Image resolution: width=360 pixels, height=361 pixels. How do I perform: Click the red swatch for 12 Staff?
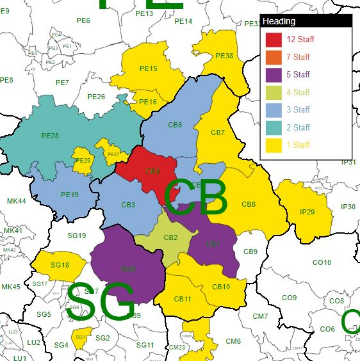pyautogui.click(x=274, y=40)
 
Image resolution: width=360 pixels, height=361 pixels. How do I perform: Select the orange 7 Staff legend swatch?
pyautogui.click(x=274, y=57)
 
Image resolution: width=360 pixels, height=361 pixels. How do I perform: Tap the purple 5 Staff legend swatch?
pyautogui.click(x=274, y=75)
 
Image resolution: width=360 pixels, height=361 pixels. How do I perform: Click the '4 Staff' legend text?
pyautogui.click(x=298, y=92)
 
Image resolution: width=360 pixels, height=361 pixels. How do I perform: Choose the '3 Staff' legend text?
pyautogui.click(x=298, y=109)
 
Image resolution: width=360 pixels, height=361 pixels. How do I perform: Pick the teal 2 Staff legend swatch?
pyautogui.click(x=274, y=127)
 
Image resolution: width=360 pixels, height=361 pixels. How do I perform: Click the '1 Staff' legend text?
pyautogui.click(x=298, y=145)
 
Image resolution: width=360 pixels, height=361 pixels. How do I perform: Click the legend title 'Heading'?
pyautogui.click(x=279, y=21)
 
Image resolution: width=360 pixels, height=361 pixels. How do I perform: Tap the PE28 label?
pyautogui.click(x=50, y=136)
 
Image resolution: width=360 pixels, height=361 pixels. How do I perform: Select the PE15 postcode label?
pyautogui.click(x=148, y=68)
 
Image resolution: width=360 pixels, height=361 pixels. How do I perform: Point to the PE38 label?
pyautogui.click(x=224, y=56)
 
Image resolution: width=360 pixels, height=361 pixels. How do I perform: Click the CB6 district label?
pyautogui.click(x=175, y=125)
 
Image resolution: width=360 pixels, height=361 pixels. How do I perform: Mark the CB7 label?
pyautogui.click(x=218, y=132)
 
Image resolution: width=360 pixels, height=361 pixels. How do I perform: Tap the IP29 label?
pyautogui.click(x=307, y=212)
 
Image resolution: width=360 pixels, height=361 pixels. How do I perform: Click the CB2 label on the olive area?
pyautogui.click(x=170, y=237)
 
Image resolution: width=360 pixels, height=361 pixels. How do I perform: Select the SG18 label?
pyautogui.click(x=60, y=265)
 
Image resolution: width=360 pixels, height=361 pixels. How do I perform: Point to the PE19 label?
pyautogui.click(x=70, y=195)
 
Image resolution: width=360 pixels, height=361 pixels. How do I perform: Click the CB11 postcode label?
pyautogui.click(x=183, y=299)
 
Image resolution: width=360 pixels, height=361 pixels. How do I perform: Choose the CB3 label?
pyautogui.click(x=128, y=205)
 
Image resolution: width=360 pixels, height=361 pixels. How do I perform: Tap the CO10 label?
pyautogui.click(x=322, y=262)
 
